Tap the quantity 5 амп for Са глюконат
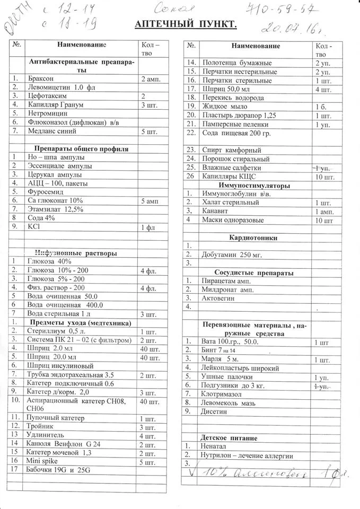pos(151,200)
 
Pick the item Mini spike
pos(43,461)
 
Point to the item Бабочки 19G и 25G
pos(58,470)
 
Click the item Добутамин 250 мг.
pos(232,254)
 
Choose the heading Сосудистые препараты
pos(247,273)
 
